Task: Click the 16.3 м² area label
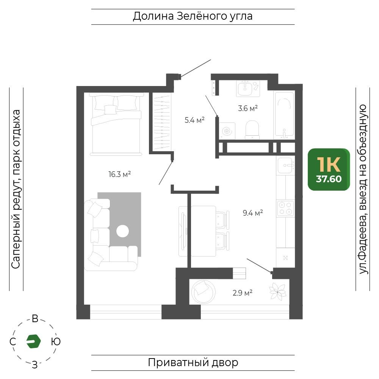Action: pos(120,174)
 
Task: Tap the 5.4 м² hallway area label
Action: pos(194,120)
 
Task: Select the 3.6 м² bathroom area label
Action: pos(248,108)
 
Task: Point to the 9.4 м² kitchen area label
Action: pos(253,213)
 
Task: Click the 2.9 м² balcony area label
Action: pos(243,293)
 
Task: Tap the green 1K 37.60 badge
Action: pos(329,169)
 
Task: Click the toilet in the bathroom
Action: pos(252,130)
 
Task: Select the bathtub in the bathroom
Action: pos(284,115)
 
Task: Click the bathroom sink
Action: pos(245,88)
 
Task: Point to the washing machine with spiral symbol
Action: pos(227,131)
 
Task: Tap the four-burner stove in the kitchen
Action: pos(285,208)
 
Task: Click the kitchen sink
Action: pos(286,166)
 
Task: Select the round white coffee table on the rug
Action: pos(122,231)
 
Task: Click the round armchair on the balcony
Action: pos(203,292)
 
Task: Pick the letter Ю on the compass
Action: pos(56,341)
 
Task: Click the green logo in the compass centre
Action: pos(33,341)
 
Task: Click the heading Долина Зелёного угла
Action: pos(193,16)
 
